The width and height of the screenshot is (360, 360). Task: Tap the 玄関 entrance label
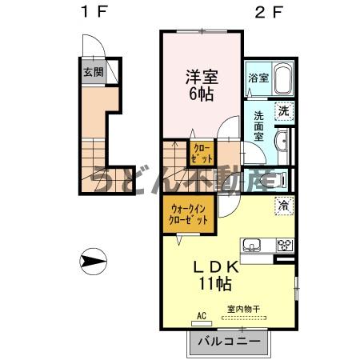[x=93, y=71]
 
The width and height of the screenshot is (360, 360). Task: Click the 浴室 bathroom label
[x=258, y=78]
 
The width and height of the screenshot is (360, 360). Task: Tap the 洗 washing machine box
[x=282, y=112]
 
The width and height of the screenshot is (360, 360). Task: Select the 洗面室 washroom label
[x=259, y=126]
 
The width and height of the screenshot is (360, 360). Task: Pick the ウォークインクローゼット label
[x=188, y=214]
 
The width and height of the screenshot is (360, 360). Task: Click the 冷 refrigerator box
[x=283, y=205]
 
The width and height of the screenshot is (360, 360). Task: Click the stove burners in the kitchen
[x=283, y=246]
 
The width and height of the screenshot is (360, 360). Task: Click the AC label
[x=201, y=316]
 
